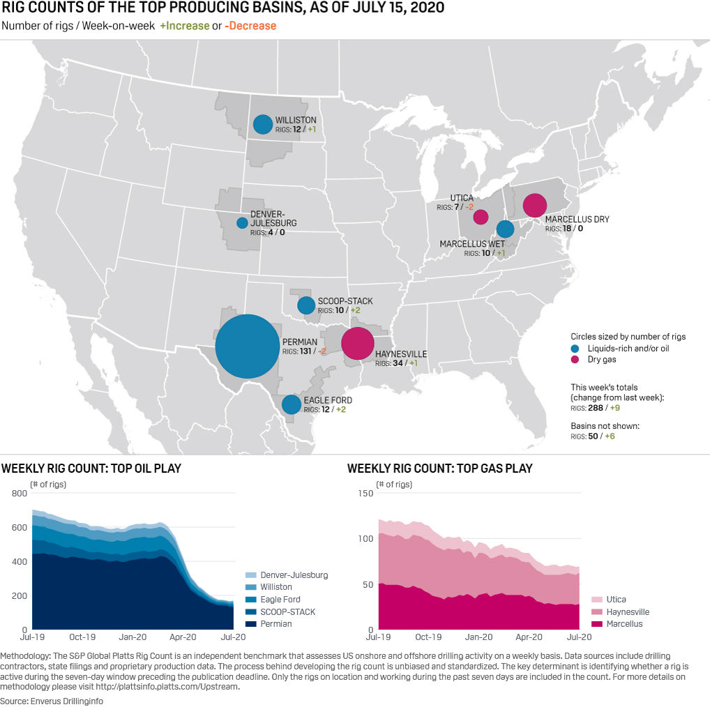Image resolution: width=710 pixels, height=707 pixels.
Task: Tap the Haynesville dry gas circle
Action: (358, 343)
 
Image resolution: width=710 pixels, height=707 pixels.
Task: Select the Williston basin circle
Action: (263, 124)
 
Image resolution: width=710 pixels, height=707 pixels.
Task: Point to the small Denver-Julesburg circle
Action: (242, 223)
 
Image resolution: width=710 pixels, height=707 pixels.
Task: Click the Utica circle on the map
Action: (481, 217)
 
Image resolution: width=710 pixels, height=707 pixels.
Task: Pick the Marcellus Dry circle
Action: (534, 206)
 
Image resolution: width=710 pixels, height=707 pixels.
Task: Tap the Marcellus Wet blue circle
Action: (505, 229)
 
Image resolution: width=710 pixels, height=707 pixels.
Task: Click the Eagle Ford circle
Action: (292, 404)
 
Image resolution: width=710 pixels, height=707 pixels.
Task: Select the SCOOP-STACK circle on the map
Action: (306, 305)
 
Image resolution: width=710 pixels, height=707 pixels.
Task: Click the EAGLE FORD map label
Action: (328, 400)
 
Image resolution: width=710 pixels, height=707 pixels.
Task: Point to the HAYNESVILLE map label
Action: (401, 354)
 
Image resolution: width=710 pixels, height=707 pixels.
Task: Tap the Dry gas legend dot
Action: (575, 360)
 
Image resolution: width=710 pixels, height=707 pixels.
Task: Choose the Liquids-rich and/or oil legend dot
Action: (575, 348)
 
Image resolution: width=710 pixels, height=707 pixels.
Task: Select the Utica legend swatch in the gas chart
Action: (596, 599)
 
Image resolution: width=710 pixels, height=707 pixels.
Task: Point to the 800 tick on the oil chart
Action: (20, 494)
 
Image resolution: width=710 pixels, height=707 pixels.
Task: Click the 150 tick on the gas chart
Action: (365, 494)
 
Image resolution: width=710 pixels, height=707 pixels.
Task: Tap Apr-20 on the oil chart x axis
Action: (183, 637)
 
